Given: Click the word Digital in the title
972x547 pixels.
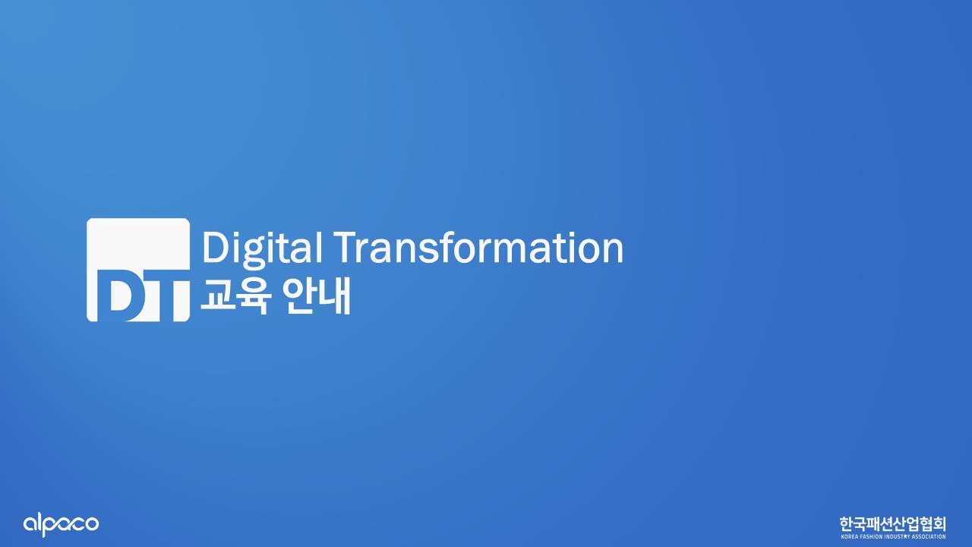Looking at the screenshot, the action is (x=262, y=248).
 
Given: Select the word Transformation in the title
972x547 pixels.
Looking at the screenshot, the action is (x=479, y=248).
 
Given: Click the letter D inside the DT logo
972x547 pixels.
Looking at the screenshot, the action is (x=117, y=296).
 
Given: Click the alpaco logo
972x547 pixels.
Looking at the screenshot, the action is (x=61, y=525).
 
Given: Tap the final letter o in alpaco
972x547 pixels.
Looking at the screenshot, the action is (x=92, y=524).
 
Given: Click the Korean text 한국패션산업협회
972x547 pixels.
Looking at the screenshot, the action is (x=892, y=524).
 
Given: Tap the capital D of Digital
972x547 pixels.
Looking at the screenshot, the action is (x=216, y=248).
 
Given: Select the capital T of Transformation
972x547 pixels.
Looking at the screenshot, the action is (x=349, y=248).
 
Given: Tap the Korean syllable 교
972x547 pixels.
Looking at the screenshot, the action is (x=218, y=296).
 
